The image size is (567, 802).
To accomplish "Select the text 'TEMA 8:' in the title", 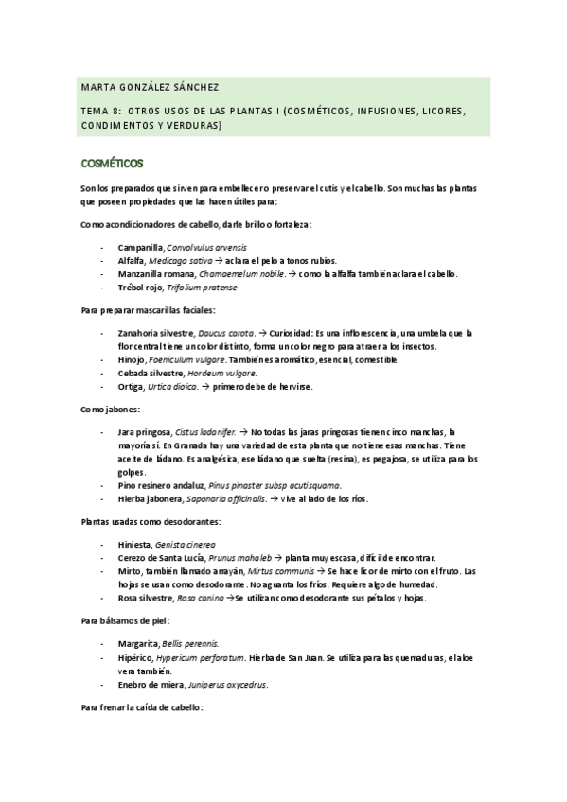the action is coord(101,110).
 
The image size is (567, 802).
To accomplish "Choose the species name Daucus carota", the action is coord(228,333).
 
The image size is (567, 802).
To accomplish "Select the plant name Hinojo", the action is coord(132,359).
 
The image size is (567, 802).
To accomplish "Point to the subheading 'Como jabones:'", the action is coord(111,409).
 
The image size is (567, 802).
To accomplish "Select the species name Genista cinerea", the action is coord(185,544).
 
